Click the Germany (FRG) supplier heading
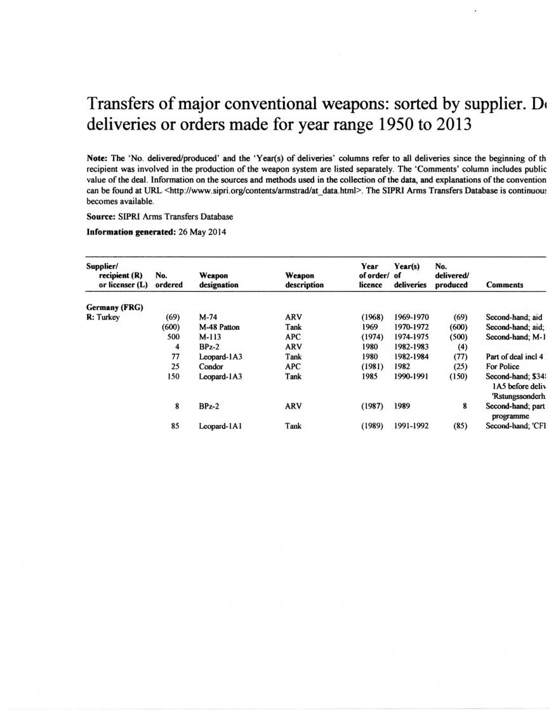(114, 308)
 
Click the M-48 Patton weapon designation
(220, 327)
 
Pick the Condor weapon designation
(211, 366)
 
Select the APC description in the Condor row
(294, 366)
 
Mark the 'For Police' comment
(502, 366)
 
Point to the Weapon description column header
(305, 280)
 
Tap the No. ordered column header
(169, 280)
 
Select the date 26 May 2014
(198, 232)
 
